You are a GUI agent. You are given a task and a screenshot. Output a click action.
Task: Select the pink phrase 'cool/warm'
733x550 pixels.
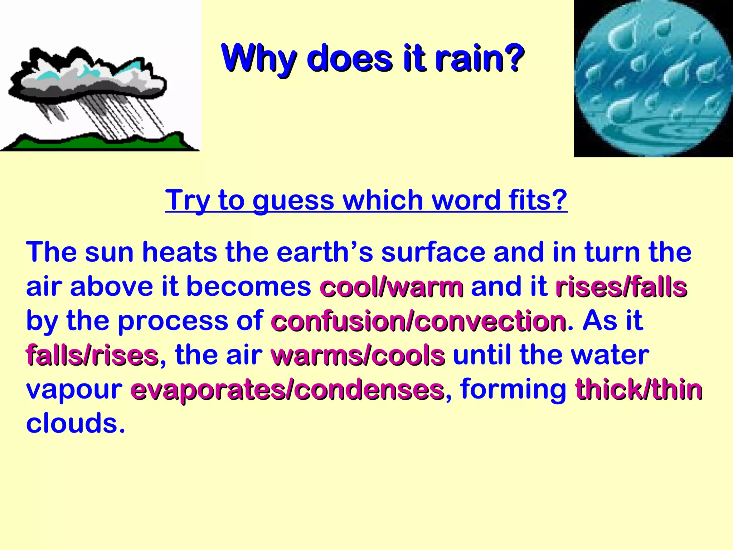[x=392, y=288]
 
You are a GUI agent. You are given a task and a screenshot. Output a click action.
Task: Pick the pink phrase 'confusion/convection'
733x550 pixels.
[x=418, y=321]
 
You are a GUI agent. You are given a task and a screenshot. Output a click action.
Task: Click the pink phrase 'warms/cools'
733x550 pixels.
[x=358, y=356]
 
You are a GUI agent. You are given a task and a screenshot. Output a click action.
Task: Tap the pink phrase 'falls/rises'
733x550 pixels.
[x=92, y=356]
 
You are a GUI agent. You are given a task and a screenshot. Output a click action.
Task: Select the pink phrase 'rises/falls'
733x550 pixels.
[x=621, y=288]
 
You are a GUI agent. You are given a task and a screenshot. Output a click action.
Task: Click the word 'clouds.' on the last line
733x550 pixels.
[x=76, y=424]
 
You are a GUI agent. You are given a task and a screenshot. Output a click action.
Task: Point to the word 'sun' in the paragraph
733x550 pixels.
[x=110, y=252]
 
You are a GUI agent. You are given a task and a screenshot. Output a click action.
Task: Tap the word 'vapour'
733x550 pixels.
[x=74, y=390]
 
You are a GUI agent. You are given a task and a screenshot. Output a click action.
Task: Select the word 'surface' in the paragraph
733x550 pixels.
[x=433, y=252]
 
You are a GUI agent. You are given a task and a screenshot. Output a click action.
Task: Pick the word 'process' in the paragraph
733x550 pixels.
[x=173, y=321]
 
